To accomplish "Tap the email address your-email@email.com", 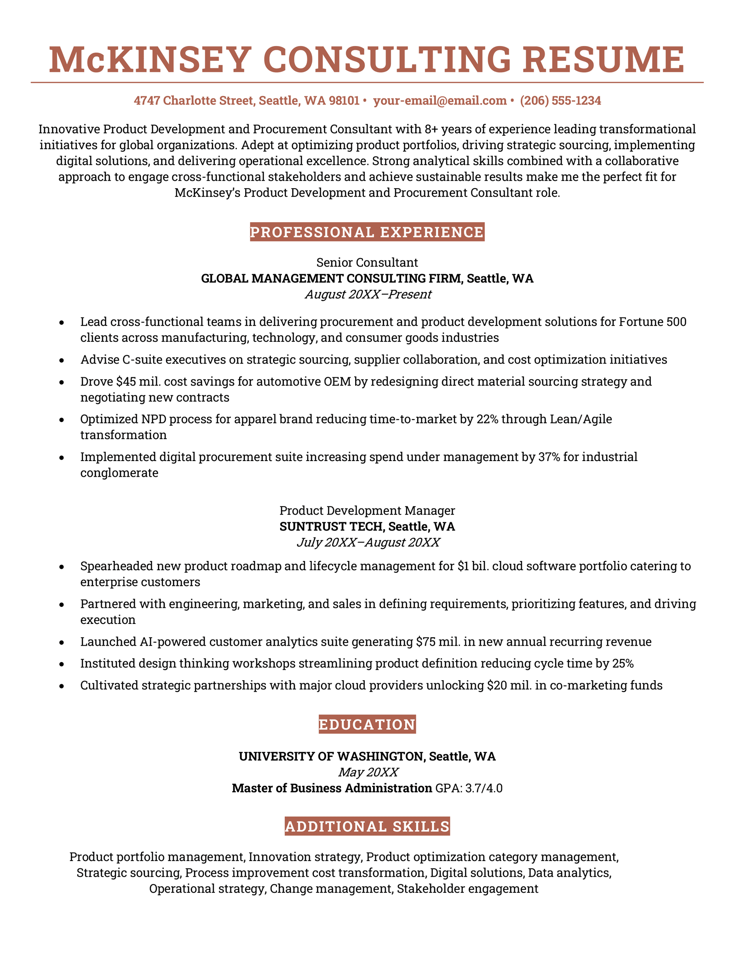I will click(x=439, y=100).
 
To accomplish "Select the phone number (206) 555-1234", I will click(x=560, y=100).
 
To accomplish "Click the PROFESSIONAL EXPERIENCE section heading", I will click(x=367, y=232).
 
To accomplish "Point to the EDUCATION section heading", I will click(x=367, y=724).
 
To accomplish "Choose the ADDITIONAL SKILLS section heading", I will click(x=367, y=826).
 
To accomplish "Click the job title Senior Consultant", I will click(x=367, y=263).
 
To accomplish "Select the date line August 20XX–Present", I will click(x=368, y=295).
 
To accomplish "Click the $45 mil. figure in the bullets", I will click(x=139, y=381).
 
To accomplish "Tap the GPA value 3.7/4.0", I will click(x=484, y=788).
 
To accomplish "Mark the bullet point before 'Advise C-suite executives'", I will click(x=62, y=360).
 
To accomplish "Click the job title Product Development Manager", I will click(x=367, y=510).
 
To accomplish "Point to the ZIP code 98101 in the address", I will click(x=344, y=100).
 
